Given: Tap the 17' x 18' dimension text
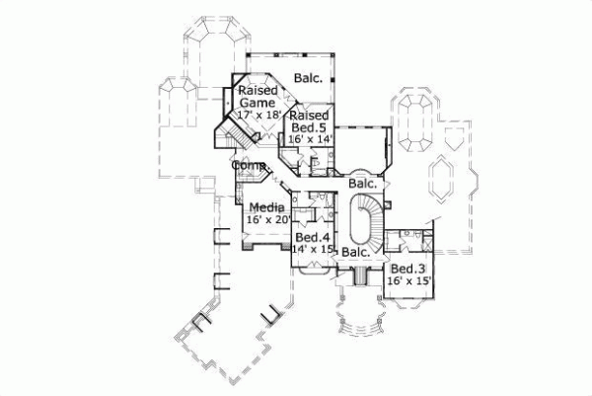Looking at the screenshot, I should coord(259,115).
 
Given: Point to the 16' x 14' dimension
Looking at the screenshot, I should coord(307,140).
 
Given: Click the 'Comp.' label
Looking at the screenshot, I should coord(248,166).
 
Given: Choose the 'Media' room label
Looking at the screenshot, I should coord(266,207).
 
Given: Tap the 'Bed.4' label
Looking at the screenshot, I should coord(313,238).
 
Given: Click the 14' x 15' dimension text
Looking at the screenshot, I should coord(313,250).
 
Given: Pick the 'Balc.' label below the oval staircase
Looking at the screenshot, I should coord(356,253).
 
